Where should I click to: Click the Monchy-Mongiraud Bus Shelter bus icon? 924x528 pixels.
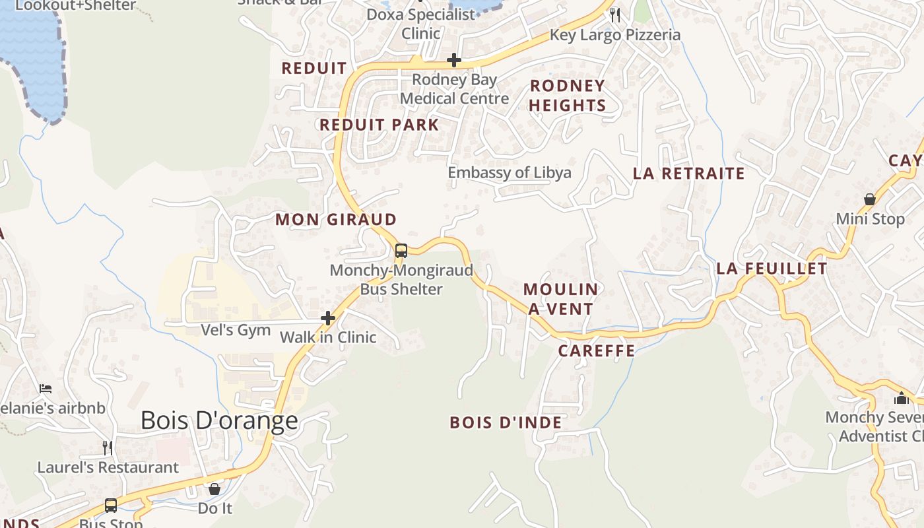401,251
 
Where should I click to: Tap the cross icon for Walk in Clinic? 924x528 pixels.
328,319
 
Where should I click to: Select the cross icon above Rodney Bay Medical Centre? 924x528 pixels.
454,61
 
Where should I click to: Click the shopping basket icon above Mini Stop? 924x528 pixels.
870,199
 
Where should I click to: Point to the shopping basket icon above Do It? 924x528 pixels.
214,489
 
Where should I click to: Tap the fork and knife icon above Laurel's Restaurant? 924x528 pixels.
108,448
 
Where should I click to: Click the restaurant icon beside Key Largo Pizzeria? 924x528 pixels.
615,15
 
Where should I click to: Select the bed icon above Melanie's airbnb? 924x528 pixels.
46,388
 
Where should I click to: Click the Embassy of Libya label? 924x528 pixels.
510,173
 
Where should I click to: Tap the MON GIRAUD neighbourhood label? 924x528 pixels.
336,220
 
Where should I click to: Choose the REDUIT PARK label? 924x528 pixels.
379,125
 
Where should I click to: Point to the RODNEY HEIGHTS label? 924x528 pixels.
568,96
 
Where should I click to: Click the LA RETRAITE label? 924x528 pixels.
689,174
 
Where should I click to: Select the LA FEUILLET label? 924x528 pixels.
772,269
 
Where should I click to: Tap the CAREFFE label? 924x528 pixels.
597,351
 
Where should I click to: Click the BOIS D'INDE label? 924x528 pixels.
506,423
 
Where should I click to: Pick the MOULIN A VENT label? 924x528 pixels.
561,299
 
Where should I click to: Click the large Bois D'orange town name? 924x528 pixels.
219,420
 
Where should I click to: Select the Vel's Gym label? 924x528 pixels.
236,330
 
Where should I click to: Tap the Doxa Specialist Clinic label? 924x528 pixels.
421,24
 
